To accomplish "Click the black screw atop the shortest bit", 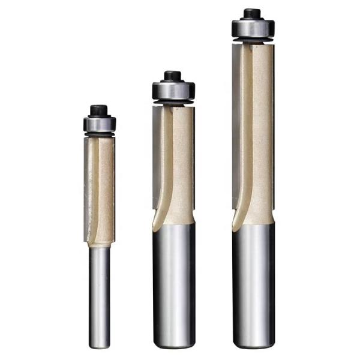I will click(x=99, y=110).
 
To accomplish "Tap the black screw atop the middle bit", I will click(x=172, y=76).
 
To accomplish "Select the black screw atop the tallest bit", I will click(x=253, y=13).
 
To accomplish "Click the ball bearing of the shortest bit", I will click(x=99, y=124).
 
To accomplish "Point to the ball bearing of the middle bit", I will click(x=173, y=91).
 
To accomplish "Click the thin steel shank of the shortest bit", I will click(x=99, y=294).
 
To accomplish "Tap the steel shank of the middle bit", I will click(x=174, y=282).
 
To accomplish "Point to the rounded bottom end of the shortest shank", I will click(x=99, y=346).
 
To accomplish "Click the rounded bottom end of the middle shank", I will click(x=174, y=344).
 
